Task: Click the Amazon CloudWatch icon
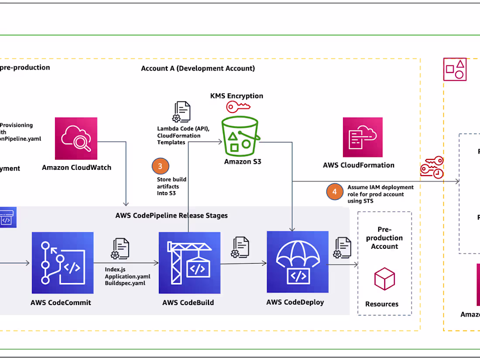pyautogui.click(x=76, y=138)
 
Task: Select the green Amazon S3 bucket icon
pyautogui.click(x=240, y=136)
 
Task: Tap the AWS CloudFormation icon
pyautogui.click(x=363, y=137)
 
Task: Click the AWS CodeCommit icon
pyautogui.click(x=62, y=263)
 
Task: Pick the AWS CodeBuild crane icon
pyautogui.click(x=189, y=263)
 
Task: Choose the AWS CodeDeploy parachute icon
pyautogui.click(x=297, y=262)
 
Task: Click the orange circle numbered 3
pyautogui.click(x=160, y=166)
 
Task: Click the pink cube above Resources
pyautogui.click(x=384, y=279)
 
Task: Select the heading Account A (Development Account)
pyautogui.click(x=198, y=69)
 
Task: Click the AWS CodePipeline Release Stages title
pyautogui.click(x=171, y=216)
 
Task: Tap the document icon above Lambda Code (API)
pyautogui.click(x=182, y=112)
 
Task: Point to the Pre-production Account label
pyautogui.click(x=384, y=238)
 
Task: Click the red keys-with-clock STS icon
pyautogui.click(x=432, y=167)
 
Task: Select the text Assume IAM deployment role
pyautogui.click(x=380, y=188)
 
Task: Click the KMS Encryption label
pyautogui.click(x=237, y=96)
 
